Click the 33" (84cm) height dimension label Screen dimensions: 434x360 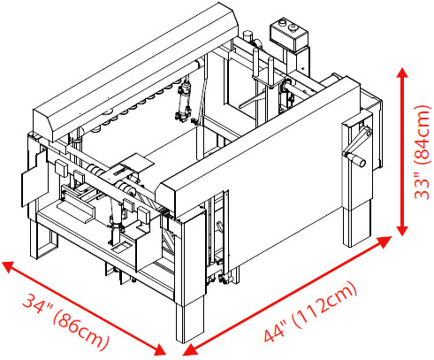[x=423, y=152]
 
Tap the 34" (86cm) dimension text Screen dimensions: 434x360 [x=66, y=321]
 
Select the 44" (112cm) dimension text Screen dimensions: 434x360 [x=310, y=312]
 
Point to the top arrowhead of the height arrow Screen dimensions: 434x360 [x=402, y=73]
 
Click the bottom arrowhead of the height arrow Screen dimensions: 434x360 [x=402, y=231]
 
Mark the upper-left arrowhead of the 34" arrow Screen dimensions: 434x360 [x=8, y=266]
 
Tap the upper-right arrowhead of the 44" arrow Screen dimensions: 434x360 [x=385, y=241]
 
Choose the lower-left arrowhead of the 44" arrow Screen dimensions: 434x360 [x=189, y=350]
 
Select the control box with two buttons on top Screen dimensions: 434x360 [x=289, y=34]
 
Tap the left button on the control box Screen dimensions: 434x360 [x=283, y=22]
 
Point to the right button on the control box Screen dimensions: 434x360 [x=293, y=27]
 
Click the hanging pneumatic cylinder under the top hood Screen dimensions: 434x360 [x=184, y=99]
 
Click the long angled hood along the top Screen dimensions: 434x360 [x=135, y=73]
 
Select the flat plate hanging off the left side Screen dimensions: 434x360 [x=34, y=178]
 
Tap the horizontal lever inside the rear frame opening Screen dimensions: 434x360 [x=254, y=100]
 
